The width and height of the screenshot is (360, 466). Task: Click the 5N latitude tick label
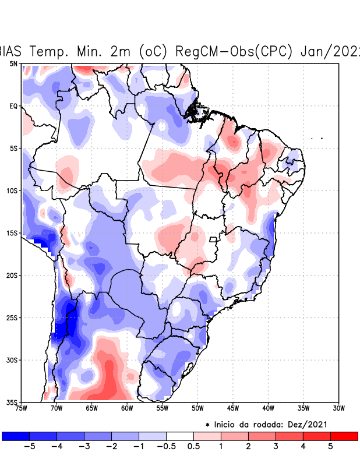pyautogui.click(x=13, y=63)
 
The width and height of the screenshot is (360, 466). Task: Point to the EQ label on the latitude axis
pyautogui.click(x=13, y=106)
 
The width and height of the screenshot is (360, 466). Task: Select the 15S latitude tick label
pyautogui.click(x=12, y=233)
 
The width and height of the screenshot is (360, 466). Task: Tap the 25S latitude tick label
pyautogui.click(x=12, y=317)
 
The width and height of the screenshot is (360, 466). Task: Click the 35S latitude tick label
pyautogui.click(x=12, y=402)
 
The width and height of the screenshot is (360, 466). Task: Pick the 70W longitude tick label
pyautogui.click(x=56, y=408)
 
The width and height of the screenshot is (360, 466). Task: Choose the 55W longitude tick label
pyautogui.click(x=162, y=408)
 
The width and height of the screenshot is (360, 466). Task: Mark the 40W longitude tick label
pyautogui.click(x=268, y=408)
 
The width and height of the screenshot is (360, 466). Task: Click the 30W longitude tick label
pyautogui.click(x=339, y=408)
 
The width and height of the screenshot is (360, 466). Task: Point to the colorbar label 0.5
pyautogui.click(x=193, y=447)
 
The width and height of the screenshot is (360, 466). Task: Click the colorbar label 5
pyautogui.click(x=330, y=447)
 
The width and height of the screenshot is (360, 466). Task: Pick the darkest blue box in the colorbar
pyautogui.click(x=16, y=436)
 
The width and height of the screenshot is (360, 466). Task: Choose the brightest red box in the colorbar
pyautogui.click(x=344, y=436)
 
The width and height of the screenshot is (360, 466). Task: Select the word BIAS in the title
pyautogui.click(x=10, y=51)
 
